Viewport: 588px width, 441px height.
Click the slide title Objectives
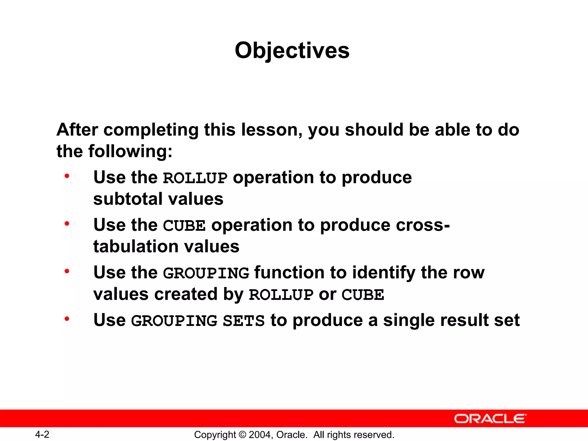pyautogui.click(x=292, y=50)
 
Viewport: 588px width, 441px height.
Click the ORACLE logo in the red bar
pyautogui.click(x=490, y=419)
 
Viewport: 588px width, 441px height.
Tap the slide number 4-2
pyautogui.click(x=42, y=434)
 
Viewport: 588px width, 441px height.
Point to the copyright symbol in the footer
pyautogui.click(x=242, y=435)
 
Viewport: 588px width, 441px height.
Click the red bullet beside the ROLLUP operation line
pyautogui.click(x=67, y=176)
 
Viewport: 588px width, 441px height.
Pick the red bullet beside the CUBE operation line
pyautogui.click(x=67, y=223)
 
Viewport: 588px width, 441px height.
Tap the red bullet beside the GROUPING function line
pyautogui.click(x=67, y=271)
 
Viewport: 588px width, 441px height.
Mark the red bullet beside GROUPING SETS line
pyautogui.click(x=67, y=319)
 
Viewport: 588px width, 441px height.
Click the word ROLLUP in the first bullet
pyautogui.click(x=195, y=178)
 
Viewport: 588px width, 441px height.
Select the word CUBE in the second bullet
pyautogui.click(x=184, y=226)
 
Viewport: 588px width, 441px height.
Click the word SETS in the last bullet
pyautogui.click(x=243, y=321)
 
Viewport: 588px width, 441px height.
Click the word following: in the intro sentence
pyautogui.click(x=130, y=151)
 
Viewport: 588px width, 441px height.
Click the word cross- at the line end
pyautogui.click(x=423, y=225)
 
